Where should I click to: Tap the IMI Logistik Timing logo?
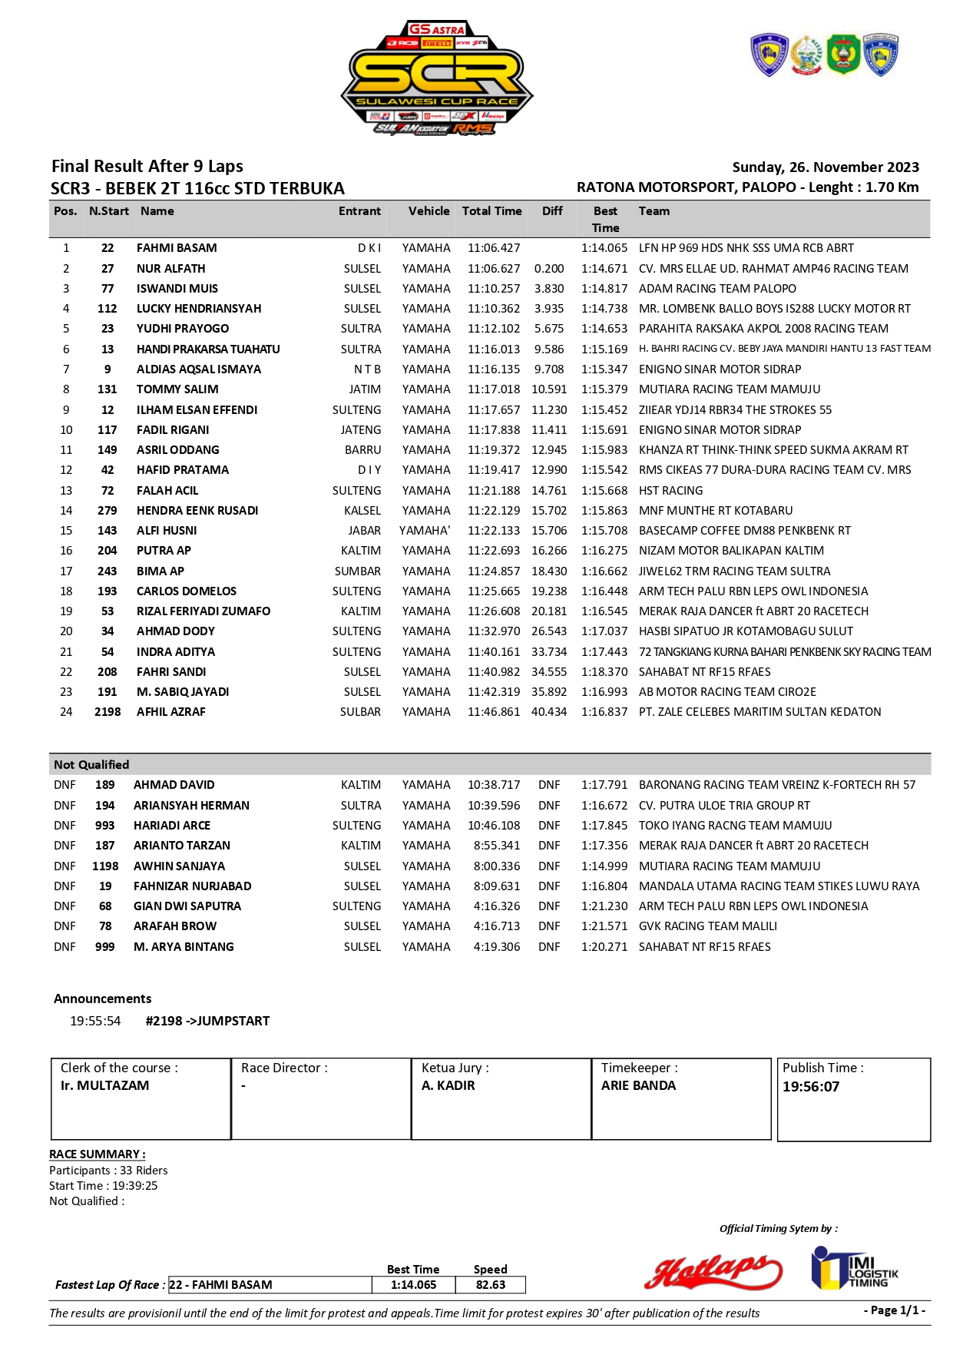[854, 1268]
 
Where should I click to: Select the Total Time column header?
[491, 211]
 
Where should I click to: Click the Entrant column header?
[359, 211]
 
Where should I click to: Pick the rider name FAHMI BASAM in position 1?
[177, 248]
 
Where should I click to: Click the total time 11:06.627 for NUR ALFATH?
[494, 269]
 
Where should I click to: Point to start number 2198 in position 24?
[108, 712]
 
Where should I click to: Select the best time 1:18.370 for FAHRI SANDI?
[604, 672]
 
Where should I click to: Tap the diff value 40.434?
[549, 712]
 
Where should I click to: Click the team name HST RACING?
[670, 491]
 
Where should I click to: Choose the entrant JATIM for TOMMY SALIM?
[365, 389]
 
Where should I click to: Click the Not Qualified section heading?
[91, 765]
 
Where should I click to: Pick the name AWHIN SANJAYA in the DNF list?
[179, 866]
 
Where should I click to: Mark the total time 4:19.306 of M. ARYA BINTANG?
[497, 947]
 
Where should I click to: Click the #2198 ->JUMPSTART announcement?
[207, 1022]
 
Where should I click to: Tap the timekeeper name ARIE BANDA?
[638, 1086]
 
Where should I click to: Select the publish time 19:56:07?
[811, 1087]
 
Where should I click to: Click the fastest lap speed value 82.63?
[490, 1285]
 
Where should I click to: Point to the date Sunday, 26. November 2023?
[826, 167]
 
